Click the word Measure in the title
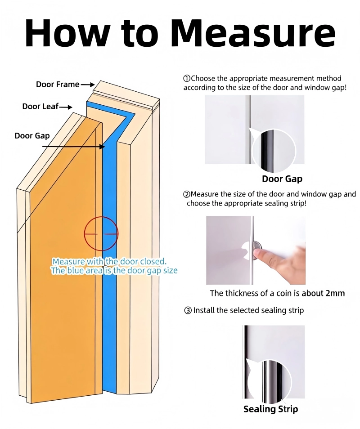pyautogui.click(x=252, y=33)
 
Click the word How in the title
pyautogui.click(x=68, y=33)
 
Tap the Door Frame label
pyautogui.click(x=58, y=84)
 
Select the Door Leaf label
pyautogui.click(x=40, y=107)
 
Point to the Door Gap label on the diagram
pyautogui.click(x=32, y=135)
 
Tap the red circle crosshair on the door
pyautogui.click(x=101, y=234)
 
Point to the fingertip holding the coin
pyautogui.click(x=261, y=257)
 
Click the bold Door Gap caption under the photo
pyautogui.click(x=282, y=179)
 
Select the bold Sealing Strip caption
pyautogui.click(x=270, y=409)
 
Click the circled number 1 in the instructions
pyautogui.click(x=187, y=79)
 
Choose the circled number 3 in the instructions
pyautogui.click(x=188, y=310)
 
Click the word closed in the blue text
pyautogui.click(x=153, y=261)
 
